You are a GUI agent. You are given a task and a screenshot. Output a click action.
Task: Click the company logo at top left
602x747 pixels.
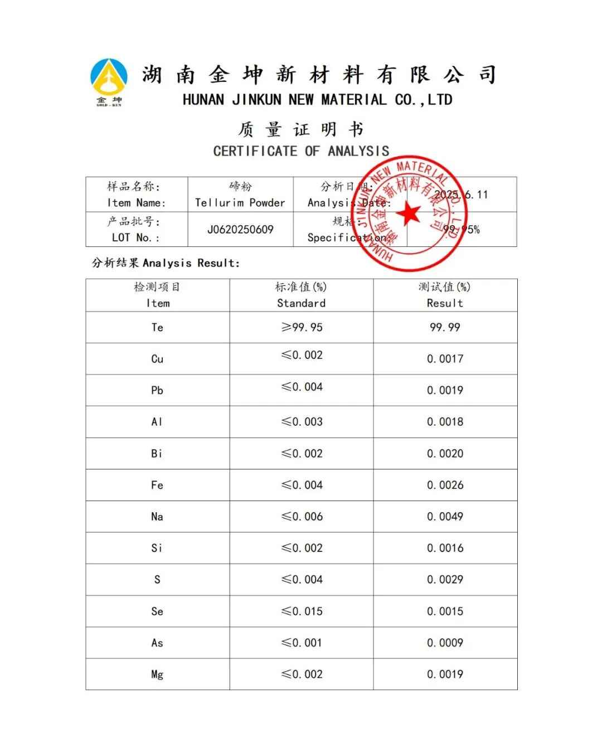pos(109,81)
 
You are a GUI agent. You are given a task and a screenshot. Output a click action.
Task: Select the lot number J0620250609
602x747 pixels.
pos(240,230)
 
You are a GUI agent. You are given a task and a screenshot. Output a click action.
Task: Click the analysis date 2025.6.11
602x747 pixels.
pos(461,195)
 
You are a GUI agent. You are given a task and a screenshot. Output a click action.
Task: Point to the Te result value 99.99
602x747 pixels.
pos(445,327)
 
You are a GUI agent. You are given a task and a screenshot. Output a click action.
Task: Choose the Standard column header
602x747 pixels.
pos(301,295)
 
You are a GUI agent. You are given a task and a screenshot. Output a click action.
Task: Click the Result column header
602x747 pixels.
pos(445,295)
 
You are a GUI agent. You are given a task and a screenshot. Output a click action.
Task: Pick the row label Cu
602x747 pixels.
pos(157,359)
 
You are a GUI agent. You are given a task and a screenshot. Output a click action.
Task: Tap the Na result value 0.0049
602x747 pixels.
pos(445,517)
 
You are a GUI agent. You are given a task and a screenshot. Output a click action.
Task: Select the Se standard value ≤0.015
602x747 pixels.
pos(302,612)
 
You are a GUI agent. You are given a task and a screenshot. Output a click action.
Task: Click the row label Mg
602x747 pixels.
pos(157,675)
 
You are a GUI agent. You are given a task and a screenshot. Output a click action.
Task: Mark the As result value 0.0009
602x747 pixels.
pos(445,643)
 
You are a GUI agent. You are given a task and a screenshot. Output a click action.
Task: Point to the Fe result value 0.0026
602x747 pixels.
pos(445,485)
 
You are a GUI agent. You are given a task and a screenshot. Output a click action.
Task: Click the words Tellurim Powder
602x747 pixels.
pos(240,203)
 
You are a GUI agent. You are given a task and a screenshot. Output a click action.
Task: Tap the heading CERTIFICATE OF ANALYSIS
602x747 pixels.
pos(301,151)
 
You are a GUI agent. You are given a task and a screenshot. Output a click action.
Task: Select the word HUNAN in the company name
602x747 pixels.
pos(203,100)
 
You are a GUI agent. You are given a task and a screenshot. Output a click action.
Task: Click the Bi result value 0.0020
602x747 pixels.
pos(445,454)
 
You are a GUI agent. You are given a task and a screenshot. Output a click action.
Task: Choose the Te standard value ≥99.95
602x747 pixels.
pos(302,327)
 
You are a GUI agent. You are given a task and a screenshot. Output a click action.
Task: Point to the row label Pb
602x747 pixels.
pos(157,390)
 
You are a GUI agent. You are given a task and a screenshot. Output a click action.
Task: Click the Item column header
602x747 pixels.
pos(157,295)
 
